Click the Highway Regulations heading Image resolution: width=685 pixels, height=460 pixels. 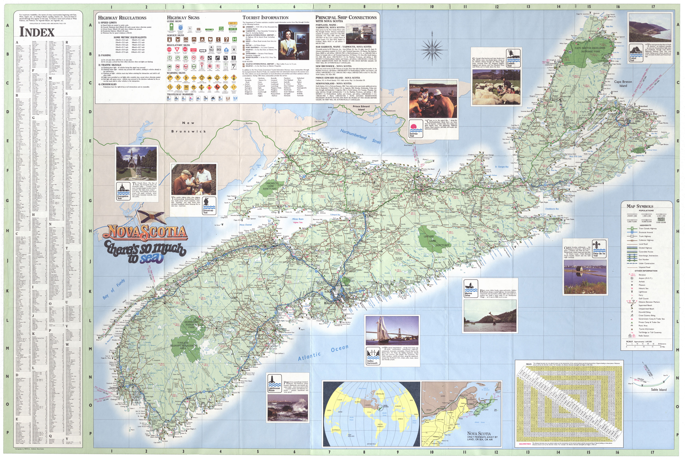click(122, 18)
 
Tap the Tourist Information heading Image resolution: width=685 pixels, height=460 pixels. click(265, 18)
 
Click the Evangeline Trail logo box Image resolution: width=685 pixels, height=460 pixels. click(123, 191)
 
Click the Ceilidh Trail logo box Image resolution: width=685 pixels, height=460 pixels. click(513, 58)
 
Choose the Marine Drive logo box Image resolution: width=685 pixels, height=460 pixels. click(471, 288)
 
